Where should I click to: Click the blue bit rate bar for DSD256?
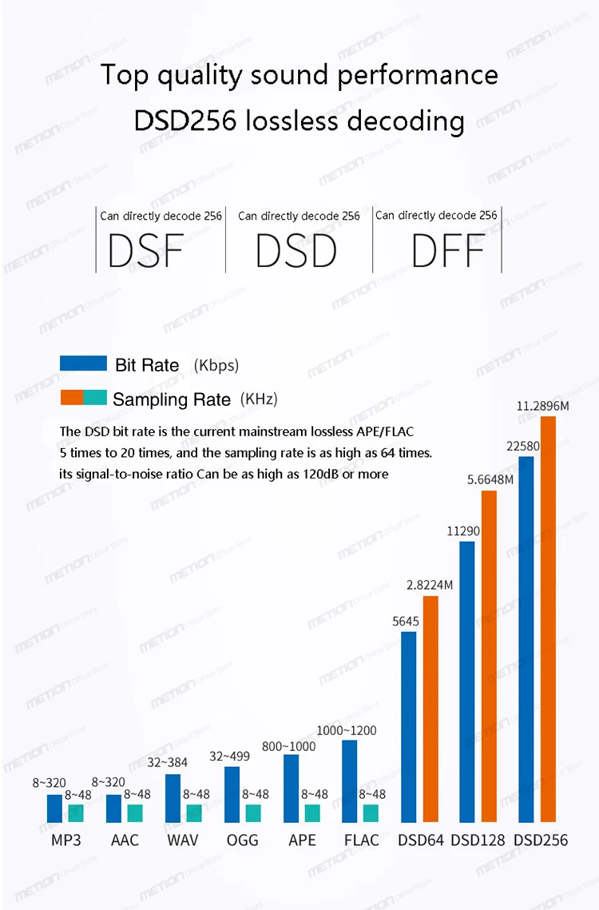(526, 639)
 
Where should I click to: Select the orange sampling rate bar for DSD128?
(489, 656)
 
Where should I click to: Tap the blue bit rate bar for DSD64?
(408, 727)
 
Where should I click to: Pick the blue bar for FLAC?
(350, 781)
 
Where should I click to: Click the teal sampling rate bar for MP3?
(76, 813)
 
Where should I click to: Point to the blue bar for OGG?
(232, 794)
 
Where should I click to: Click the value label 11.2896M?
(542, 406)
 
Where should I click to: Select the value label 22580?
(525, 446)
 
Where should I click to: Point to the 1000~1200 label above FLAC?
(346, 730)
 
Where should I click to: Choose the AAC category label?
(125, 840)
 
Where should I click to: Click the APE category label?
(302, 840)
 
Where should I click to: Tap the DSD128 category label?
(478, 840)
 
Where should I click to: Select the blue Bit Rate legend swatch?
(83, 364)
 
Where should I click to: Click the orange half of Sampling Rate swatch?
(72, 397)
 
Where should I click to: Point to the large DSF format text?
(145, 250)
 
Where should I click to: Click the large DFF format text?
(448, 251)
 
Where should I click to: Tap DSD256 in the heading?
(185, 121)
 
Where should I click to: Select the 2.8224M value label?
(430, 585)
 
